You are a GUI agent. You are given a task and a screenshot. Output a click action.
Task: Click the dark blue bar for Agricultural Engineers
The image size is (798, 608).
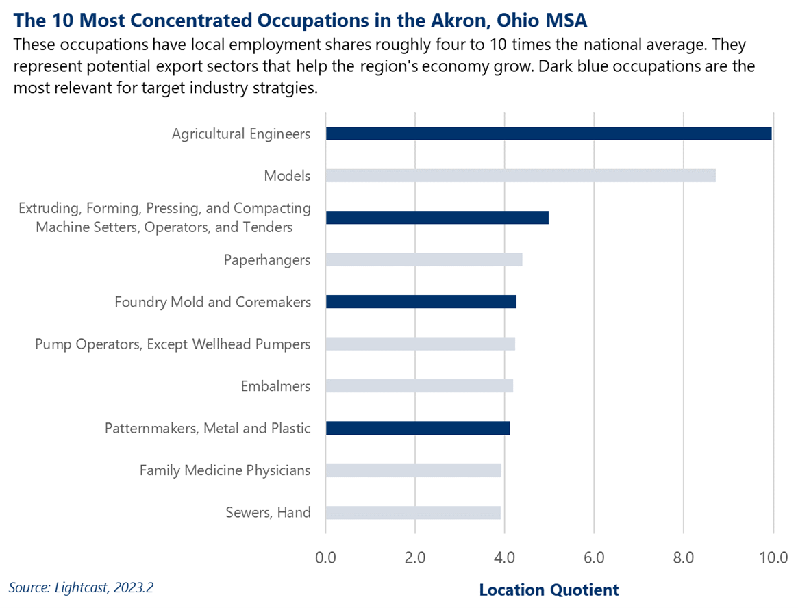point(548,134)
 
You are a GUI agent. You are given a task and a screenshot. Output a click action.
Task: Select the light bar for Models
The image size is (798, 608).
point(521,176)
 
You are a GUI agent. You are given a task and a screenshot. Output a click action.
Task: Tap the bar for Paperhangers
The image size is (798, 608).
point(424,260)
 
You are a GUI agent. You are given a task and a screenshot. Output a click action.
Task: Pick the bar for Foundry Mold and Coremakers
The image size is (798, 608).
point(421,302)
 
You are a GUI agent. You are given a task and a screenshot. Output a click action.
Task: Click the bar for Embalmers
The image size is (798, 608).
point(419,386)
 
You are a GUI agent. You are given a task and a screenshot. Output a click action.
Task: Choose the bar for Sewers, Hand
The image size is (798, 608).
point(413,512)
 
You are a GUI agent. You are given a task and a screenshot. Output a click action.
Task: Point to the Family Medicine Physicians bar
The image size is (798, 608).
point(413,470)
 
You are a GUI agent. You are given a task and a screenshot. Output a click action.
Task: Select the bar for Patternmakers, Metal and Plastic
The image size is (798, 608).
point(418,429)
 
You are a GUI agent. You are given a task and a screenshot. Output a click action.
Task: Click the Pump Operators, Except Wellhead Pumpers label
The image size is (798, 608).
point(173,344)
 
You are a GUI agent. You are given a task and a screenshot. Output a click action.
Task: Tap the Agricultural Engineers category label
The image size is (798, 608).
point(241,134)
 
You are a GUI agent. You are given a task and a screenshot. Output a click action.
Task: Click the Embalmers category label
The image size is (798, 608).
point(275,386)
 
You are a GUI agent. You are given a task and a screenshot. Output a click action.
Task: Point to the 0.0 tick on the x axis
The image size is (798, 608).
point(325,557)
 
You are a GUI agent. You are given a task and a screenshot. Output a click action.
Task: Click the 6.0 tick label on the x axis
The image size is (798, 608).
point(594,557)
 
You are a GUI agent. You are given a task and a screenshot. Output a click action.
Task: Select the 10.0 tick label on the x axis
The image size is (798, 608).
point(772,557)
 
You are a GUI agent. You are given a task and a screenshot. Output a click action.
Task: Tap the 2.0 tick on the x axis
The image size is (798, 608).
point(415,557)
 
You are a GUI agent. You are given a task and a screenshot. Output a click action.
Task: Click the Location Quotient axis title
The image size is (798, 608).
point(549,590)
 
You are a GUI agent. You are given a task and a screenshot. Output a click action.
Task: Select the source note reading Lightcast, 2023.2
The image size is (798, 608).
point(86,587)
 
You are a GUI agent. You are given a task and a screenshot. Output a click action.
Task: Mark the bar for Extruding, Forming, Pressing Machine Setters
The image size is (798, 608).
point(437,218)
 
